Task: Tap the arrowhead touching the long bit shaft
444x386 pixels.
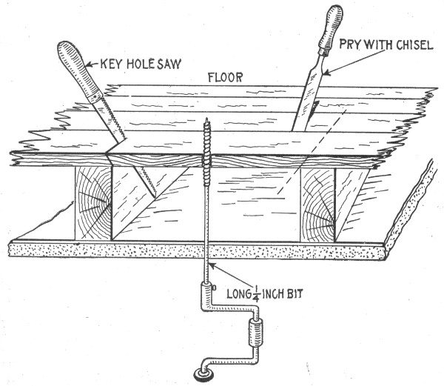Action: pos(212,264)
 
